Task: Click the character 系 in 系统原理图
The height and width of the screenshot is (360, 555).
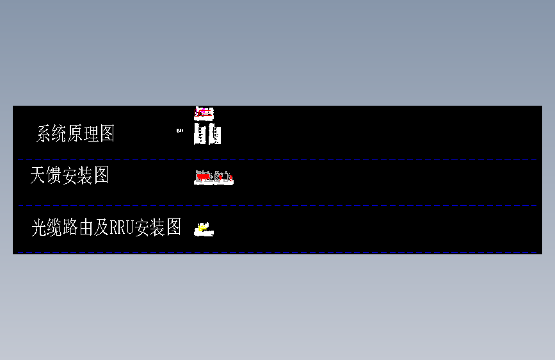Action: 45,134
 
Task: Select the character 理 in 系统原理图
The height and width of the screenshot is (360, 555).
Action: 92,134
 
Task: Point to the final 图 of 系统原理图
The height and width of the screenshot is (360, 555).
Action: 107,134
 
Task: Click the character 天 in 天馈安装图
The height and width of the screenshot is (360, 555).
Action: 38,175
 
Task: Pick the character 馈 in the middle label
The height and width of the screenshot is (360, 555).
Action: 54,175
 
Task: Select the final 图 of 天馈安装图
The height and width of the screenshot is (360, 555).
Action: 101,175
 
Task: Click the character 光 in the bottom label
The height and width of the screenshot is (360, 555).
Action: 39,227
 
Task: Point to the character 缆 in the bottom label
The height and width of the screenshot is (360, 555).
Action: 55,227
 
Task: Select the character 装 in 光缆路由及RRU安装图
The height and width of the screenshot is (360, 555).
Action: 157,227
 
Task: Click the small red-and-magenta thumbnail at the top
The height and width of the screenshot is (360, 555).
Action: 203,113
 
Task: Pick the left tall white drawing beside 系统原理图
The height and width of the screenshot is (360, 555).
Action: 200,135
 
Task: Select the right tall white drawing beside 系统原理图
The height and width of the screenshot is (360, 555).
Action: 216,135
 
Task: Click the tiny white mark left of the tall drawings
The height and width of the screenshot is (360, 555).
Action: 179,130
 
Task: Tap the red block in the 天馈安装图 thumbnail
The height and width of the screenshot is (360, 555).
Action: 203,176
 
